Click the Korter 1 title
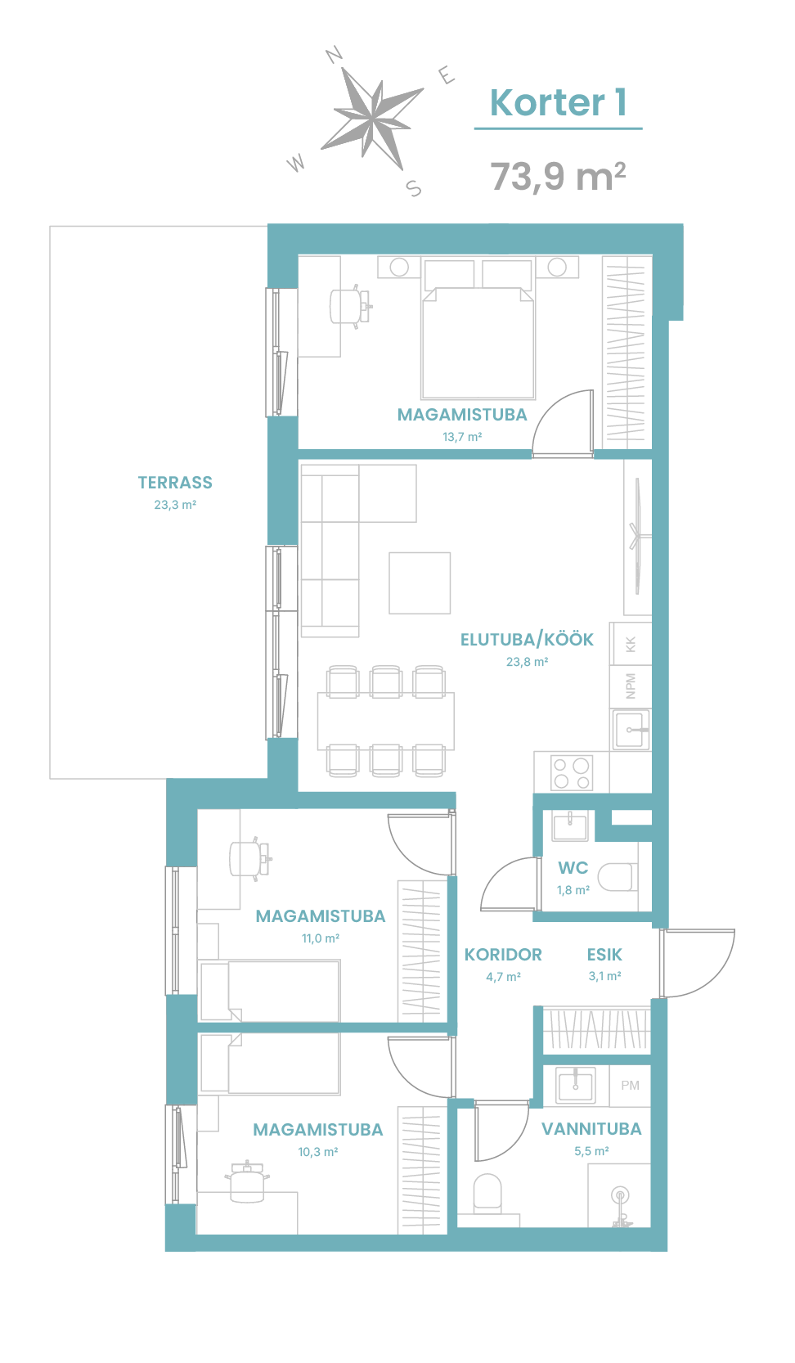[x=558, y=102]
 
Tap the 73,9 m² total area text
[x=558, y=176]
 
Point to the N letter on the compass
[x=334, y=55]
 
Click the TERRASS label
[x=175, y=483]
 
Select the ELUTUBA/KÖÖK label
[x=527, y=640]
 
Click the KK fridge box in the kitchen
[x=631, y=644]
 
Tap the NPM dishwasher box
[x=631, y=686]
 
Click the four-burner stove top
[x=571, y=773]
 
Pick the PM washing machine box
[x=630, y=1086]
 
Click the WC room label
[x=573, y=868]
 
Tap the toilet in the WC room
[x=618, y=877]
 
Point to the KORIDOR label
[x=503, y=955]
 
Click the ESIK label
[x=604, y=955]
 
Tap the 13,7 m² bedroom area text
[x=462, y=437]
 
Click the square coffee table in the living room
[x=420, y=583]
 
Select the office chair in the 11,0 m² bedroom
[x=250, y=858]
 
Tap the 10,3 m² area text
[x=317, y=1152]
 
